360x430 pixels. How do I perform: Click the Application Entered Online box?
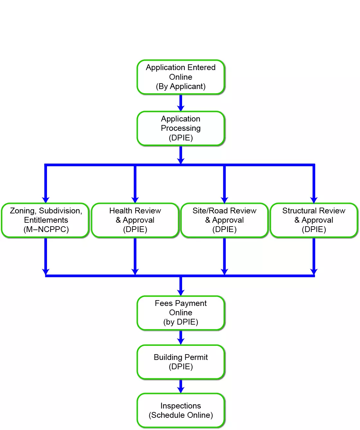(x=181, y=77)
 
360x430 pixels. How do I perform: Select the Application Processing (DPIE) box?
(x=181, y=128)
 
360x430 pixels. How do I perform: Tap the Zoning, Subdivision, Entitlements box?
(x=45, y=220)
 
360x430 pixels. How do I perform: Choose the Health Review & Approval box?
(x=135, y=220)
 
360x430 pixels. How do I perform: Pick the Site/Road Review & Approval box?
(x=225, y=220)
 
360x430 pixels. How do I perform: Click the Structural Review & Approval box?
(x=314, y=220)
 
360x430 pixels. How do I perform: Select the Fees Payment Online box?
(x=181, y=313)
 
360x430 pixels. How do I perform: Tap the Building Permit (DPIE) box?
(x=181, y=362)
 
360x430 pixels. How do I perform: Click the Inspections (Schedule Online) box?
(x=181, y=410)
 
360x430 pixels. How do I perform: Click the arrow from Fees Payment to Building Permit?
(x=181, y=337)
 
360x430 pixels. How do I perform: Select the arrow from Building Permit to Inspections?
(x=181, y=386)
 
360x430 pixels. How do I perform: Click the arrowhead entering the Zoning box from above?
(x=46, y=200)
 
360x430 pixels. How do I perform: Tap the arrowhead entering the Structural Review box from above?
(x=314, y=200)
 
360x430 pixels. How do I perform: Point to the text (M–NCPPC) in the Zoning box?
(x=46, y=229)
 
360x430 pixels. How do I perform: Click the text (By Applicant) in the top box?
(x=181, y=86)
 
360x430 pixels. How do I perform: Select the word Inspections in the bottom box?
(x=181, y=406)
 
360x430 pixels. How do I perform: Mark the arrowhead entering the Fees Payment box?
(x=181, y=292)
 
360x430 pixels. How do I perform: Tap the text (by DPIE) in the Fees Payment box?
(x=181, y=322)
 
